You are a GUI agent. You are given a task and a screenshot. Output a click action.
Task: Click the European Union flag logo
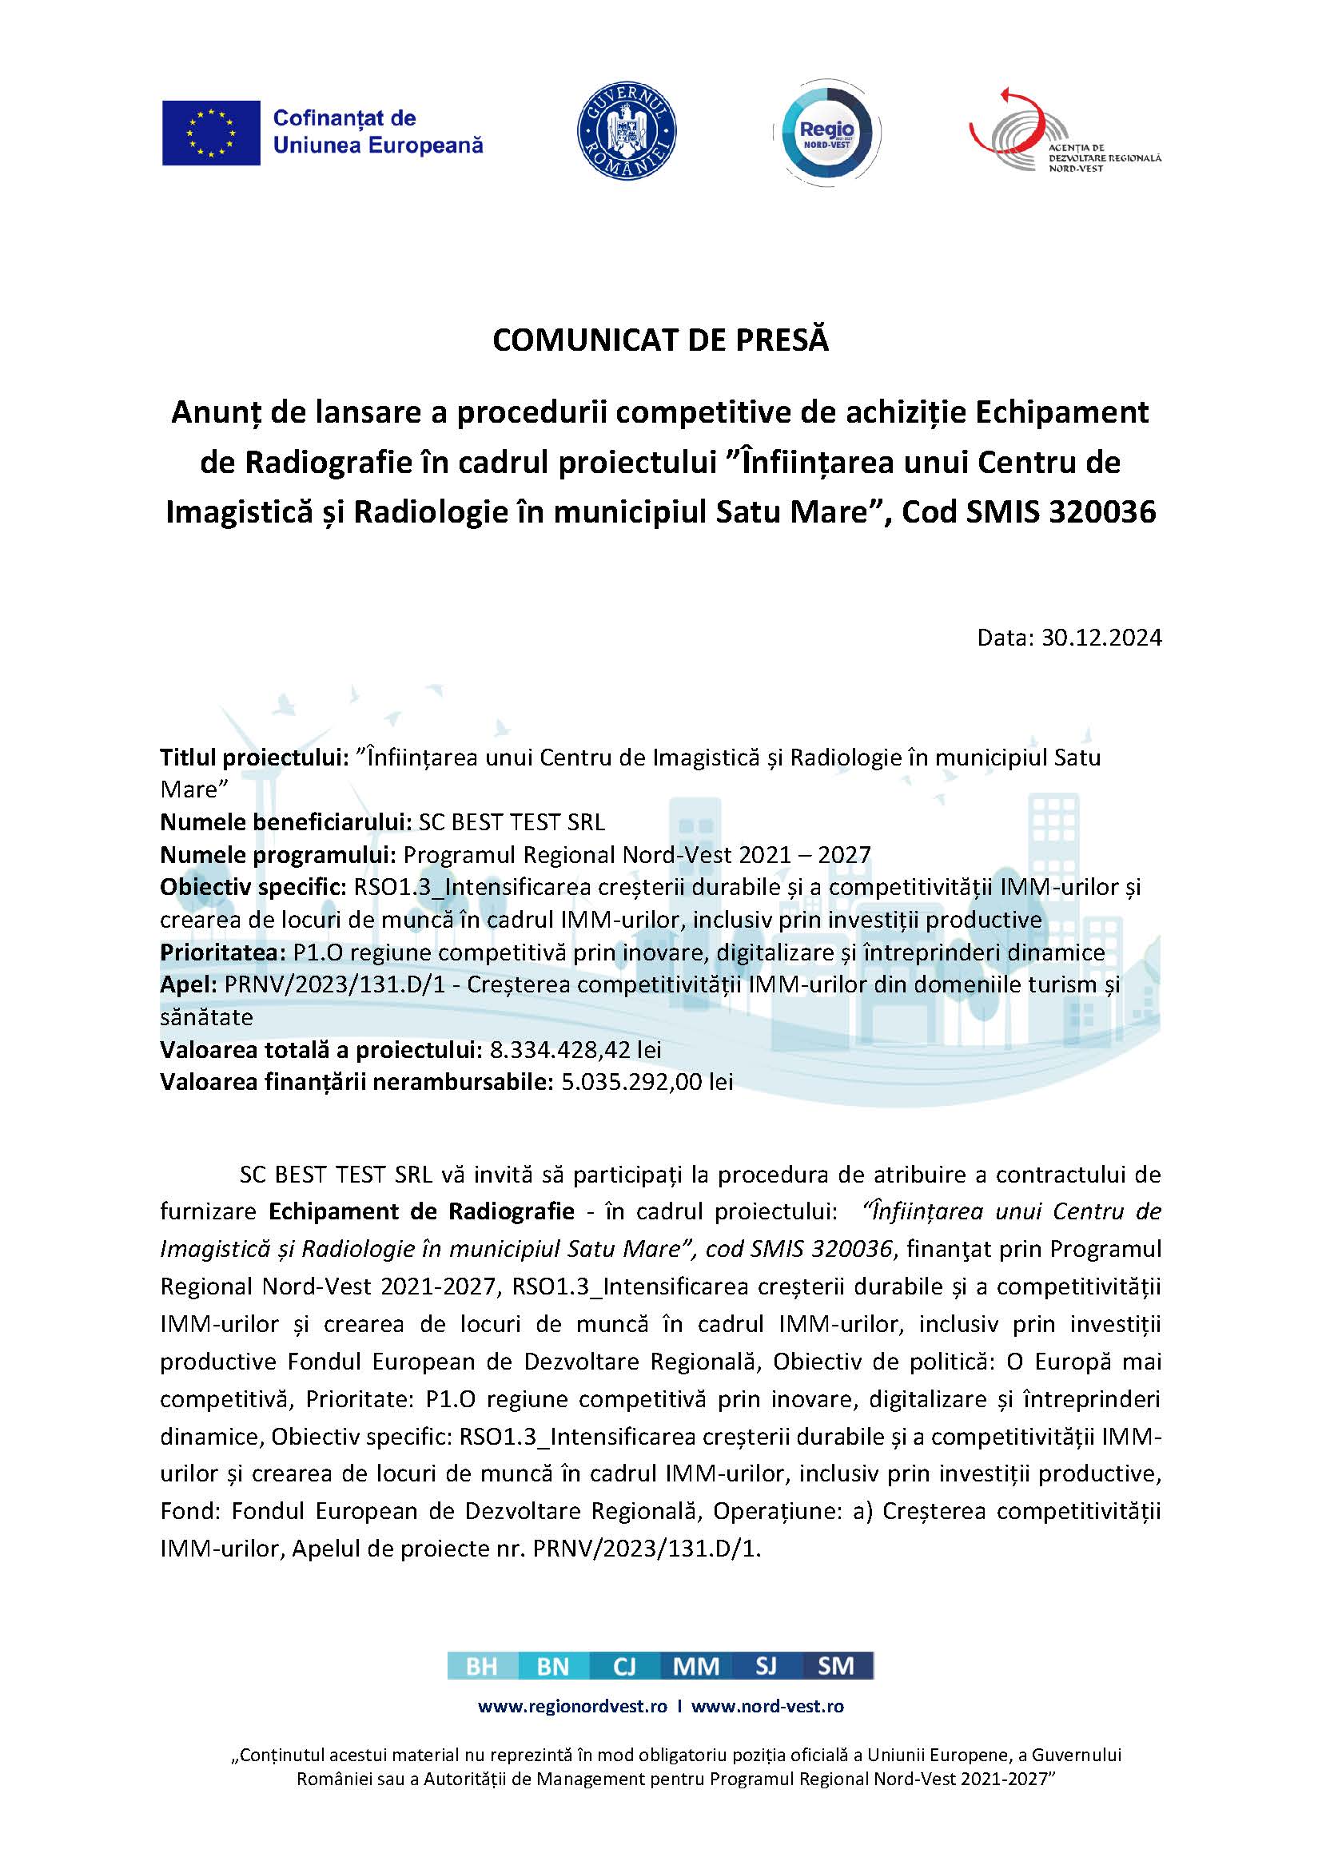click(x=211, y=133)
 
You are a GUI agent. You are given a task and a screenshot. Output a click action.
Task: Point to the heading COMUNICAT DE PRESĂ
click(x=660, y=340)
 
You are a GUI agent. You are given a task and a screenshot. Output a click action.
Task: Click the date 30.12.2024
click(x=1101, y=638)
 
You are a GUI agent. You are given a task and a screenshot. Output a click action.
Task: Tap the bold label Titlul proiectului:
click(x=255, y=758)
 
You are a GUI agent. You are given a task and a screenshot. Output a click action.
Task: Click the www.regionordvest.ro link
click(x=572, y=1706)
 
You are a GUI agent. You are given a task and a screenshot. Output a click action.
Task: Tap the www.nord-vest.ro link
click(x=767, y=1706)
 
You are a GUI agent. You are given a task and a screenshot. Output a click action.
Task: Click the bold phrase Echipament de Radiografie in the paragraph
click(x=422, y=1211)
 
